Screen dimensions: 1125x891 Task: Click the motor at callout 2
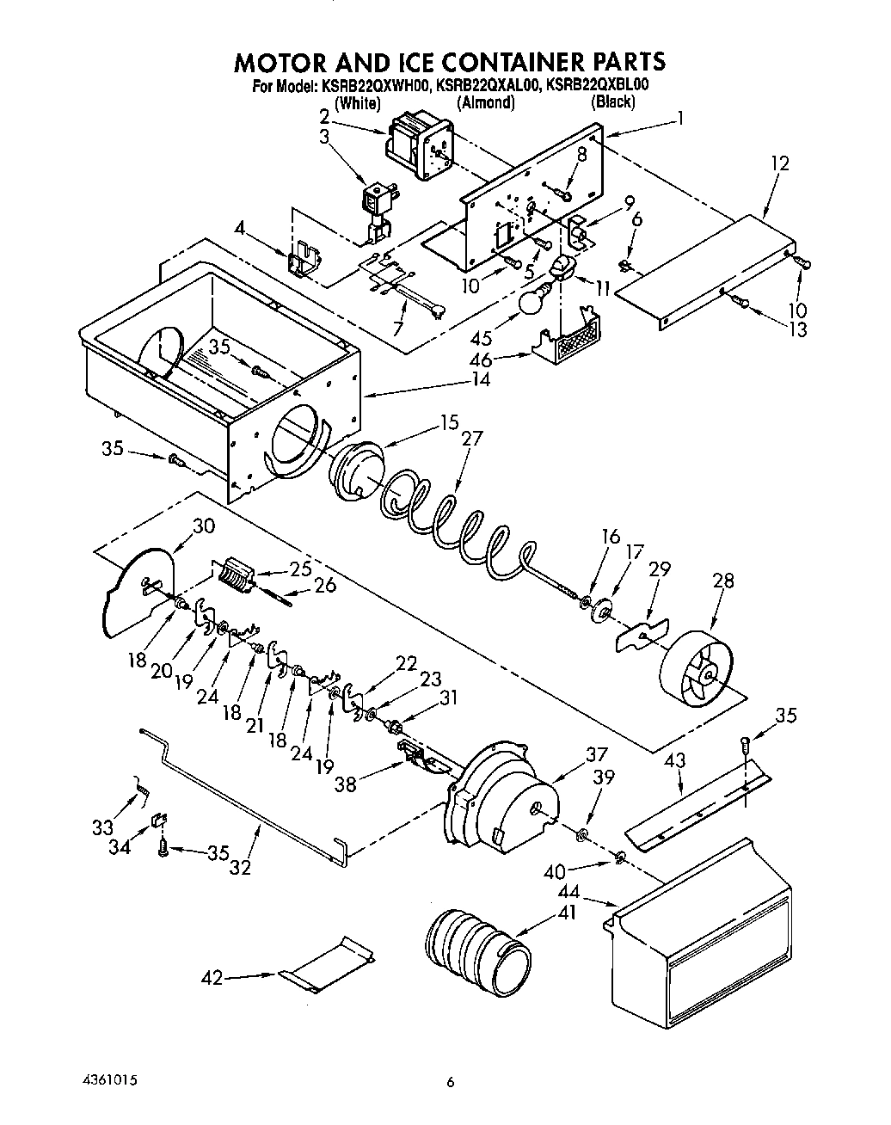coord(421,148)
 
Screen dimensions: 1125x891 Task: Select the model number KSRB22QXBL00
coord(595,85)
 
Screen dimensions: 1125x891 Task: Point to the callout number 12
coord(779,163)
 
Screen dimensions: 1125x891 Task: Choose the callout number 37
coord(597,754)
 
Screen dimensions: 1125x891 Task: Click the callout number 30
coord(204,526)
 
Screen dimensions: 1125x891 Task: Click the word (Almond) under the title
coord(485,102)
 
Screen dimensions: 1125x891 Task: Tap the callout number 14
coord(482,378)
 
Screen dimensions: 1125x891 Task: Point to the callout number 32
coord(241,867)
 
